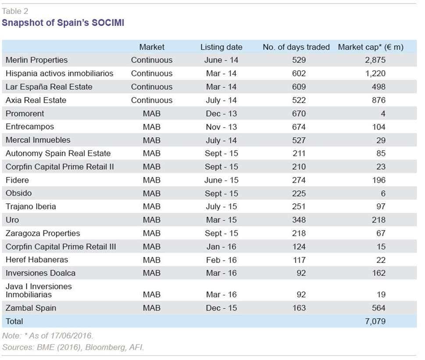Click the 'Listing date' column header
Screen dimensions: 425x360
coord(221,47)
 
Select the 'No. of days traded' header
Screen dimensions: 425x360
coord(296,47)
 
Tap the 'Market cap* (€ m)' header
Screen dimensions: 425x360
coord(371,47)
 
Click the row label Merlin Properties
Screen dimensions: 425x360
coord(36,60)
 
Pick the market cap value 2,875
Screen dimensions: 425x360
coord(375,60)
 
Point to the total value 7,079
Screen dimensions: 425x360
coord(375,321)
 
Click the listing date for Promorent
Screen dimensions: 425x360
coord(221,113)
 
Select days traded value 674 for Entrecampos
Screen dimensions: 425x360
coord(299,127)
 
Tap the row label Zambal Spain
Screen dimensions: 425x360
coord(31,308)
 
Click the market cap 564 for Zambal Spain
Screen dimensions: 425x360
coord(379,308)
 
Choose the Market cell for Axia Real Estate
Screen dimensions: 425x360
coord(151,100)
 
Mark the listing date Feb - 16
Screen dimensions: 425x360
coord(221,260)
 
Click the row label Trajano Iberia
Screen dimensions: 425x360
coord(31,206)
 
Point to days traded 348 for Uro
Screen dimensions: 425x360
coord(299,220)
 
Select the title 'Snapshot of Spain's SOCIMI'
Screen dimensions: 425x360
coord(63,22)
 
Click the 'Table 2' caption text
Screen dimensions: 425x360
coord(15,11)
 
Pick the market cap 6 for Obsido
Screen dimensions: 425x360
coord(383,194)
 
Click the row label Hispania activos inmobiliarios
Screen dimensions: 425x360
coord(59,73)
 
